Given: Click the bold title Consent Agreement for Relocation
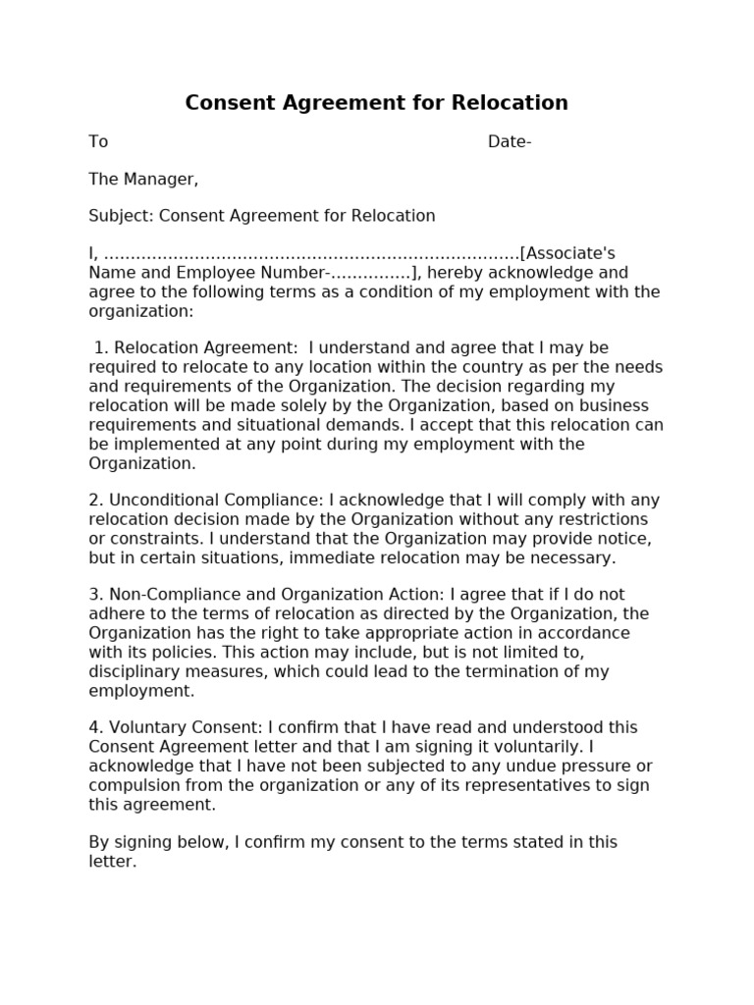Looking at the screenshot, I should (x=376, y=103).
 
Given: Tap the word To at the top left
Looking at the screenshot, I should (x=98, y=141).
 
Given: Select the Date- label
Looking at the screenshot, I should (x=510, y=141).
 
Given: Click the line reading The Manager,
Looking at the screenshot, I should (x=143, y=179).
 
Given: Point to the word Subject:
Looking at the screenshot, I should (x=121, y=216).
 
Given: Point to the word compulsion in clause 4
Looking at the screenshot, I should (x=134, y=785).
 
